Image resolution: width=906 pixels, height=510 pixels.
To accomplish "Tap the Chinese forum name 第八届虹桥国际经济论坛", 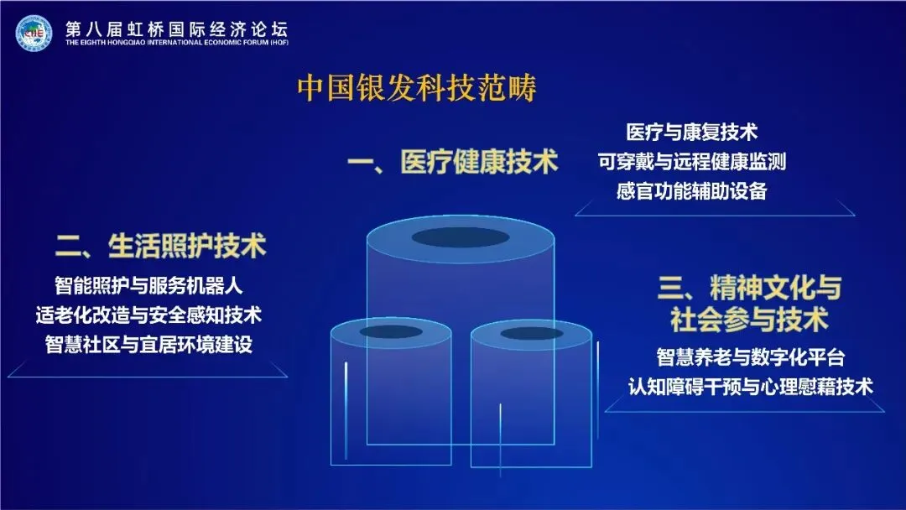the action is [176, 25].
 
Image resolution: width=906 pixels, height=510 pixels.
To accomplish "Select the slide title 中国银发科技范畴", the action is [417, 88].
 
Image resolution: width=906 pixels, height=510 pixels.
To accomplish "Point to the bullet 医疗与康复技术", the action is [692, 132].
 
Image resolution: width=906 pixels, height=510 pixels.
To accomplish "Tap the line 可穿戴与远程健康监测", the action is [692, 161].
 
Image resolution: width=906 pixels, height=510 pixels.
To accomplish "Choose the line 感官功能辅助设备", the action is [692, 190].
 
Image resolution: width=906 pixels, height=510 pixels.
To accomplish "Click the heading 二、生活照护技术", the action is [161, 247].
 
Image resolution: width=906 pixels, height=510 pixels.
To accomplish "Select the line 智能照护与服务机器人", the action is [149, 285].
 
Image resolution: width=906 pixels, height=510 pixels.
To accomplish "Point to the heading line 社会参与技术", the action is [749, 320].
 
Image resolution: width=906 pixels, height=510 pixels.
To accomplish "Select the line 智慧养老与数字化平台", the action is [749, 357].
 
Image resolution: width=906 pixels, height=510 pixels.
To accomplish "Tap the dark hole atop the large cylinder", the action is [461, 237].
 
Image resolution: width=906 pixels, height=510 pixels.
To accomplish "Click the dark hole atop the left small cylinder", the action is [391, 332].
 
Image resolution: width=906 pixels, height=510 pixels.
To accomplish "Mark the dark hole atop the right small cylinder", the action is [532, 334].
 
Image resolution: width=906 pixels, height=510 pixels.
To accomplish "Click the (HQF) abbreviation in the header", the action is [278, 43].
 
